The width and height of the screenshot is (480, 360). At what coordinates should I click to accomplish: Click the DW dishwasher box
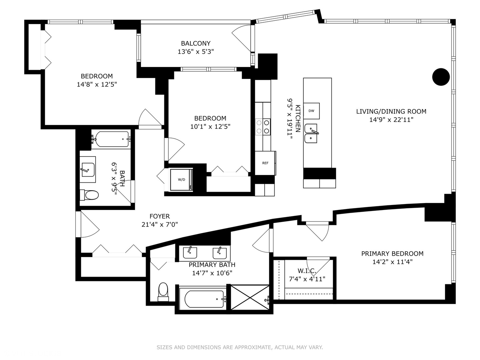(x=311, y=111)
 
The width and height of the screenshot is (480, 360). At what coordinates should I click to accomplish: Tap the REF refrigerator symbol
(x=265, y=163)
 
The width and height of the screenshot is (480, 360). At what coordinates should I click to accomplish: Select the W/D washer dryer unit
(x=181, y=180)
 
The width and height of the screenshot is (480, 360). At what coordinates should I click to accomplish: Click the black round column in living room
(x=441, y=77)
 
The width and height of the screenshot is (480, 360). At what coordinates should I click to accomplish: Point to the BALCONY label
(x=196, y=43)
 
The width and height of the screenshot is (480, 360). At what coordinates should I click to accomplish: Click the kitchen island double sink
(x=311, y=133)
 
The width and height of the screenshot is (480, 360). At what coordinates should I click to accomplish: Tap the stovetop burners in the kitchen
(x=263, y=127)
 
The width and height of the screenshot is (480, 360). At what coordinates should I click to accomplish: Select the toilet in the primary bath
(x=163, y=291)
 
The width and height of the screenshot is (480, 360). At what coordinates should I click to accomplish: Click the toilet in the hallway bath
(x=89, y=195)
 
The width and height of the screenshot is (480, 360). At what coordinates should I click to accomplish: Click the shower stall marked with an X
(x=250, y=297)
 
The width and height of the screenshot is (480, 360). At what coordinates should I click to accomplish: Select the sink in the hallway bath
(x=88, y=170)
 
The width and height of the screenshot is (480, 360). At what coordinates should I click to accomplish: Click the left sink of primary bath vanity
(x=190, y=253)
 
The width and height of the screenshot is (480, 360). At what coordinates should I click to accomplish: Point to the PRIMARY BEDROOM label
(x=392, y=254)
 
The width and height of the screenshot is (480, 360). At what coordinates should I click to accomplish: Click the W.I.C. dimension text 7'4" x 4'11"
(x=307, y=279)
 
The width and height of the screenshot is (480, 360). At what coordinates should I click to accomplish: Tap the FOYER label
(x=159, y=216)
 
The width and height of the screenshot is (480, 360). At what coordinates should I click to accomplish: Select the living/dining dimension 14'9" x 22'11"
(x=391, y=120)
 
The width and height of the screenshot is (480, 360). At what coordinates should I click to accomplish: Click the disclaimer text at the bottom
(x=240, y=347)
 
